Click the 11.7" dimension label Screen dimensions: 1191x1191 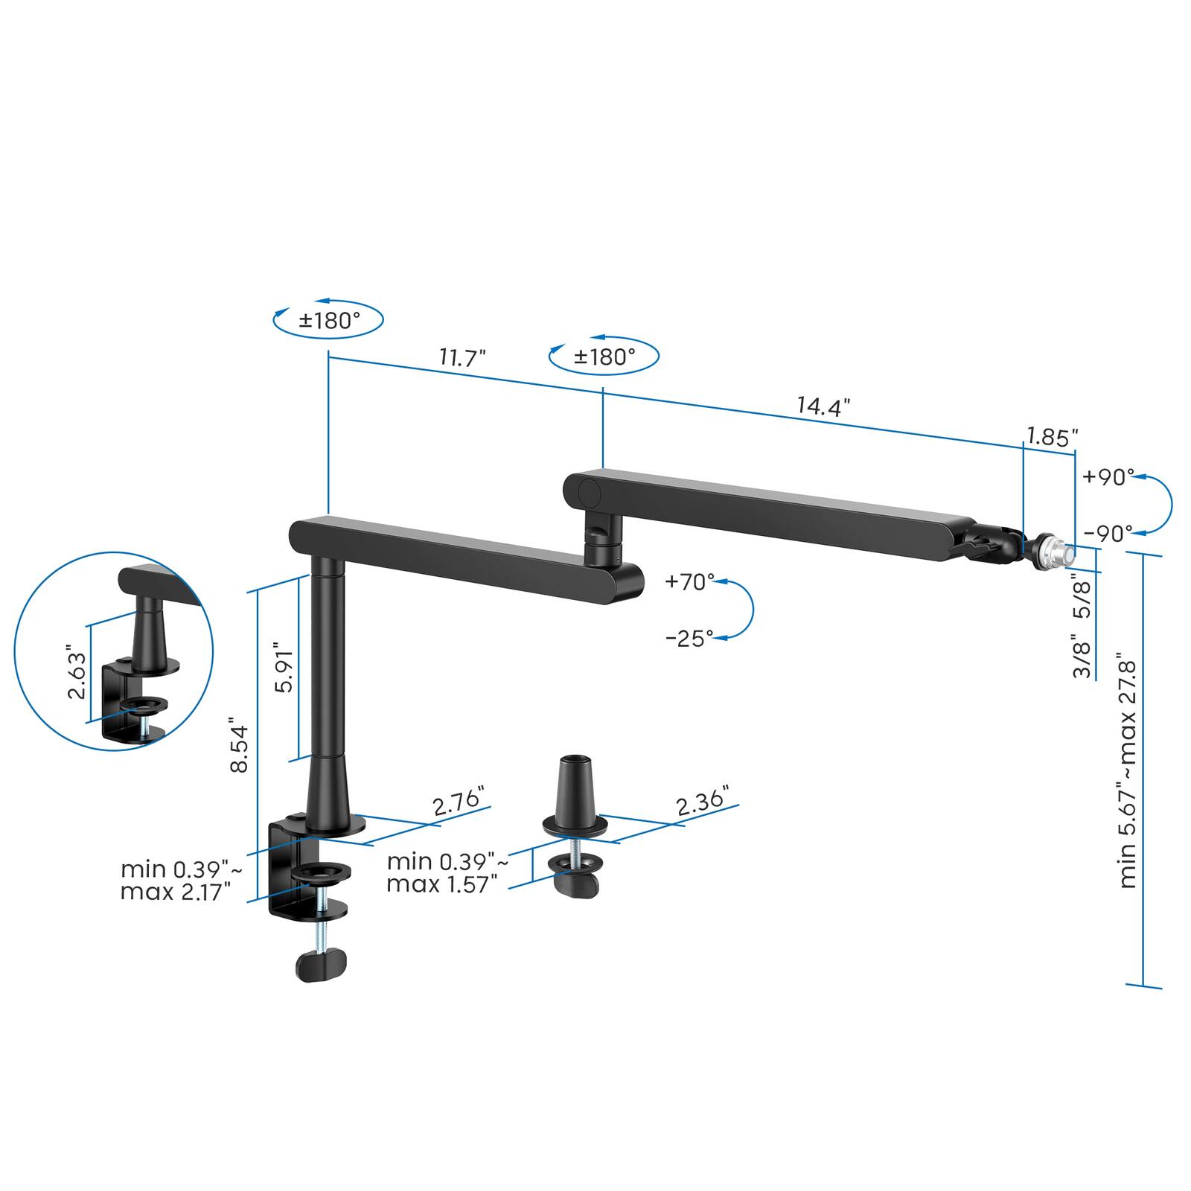(x=462, y=358)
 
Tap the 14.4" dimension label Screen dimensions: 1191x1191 (x=823, y=406)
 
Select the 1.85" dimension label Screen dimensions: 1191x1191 (x=1053, y=437)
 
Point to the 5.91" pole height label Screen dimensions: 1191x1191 (x=285, y=667)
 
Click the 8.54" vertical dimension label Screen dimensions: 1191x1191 (x=239, y=745)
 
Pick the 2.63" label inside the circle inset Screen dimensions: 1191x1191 (x=77, y=671)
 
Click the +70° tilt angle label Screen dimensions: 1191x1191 (x=690, y=581)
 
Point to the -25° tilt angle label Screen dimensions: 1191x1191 (x=690, y=639)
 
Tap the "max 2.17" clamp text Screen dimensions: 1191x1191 (x=176, y=891)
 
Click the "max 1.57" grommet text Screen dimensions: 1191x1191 (x=441, y=884)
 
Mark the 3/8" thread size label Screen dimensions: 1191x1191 (x=1082, y=656)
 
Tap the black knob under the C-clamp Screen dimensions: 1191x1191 (x=321, y=965)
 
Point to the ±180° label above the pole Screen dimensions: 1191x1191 (x=329, y=321)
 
